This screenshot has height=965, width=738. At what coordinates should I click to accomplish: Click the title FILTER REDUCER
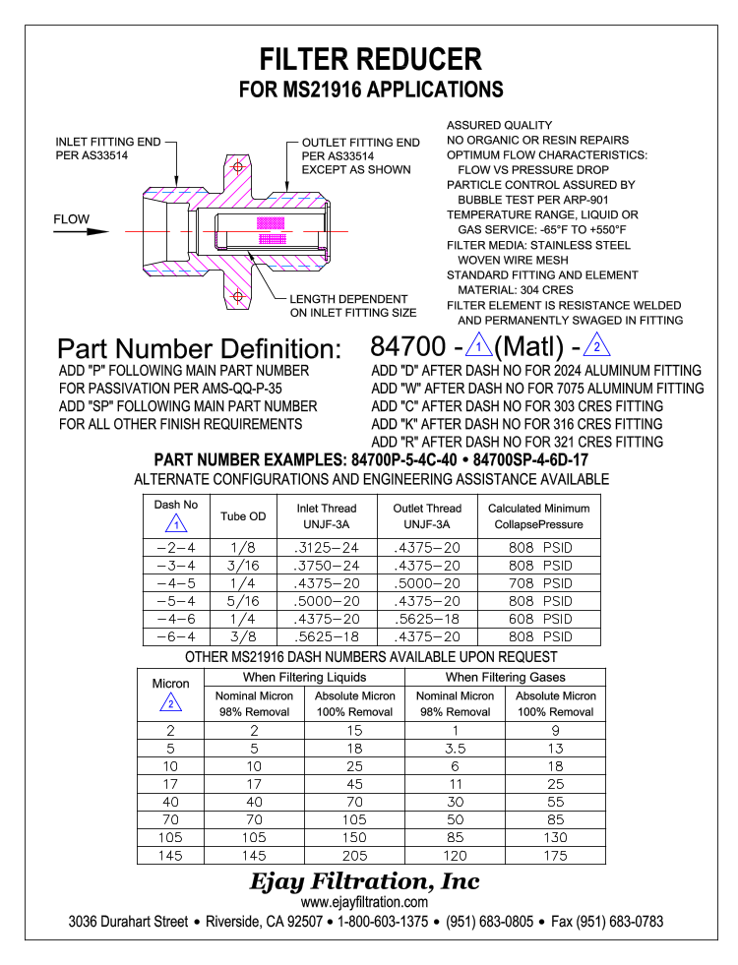coord(370,59)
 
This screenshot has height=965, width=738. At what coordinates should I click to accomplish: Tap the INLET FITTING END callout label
coord(107,149)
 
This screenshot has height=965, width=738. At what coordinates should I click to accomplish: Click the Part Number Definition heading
coord(199,349)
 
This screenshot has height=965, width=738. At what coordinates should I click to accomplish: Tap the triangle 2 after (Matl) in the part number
coord(597,346)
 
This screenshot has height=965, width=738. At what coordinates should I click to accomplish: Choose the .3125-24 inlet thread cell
coord(327,548)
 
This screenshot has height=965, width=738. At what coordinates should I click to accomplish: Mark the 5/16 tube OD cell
coord(243,601)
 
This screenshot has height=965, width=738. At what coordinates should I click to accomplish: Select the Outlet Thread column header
coord(427,515)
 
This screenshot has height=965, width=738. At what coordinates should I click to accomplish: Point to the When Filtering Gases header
coord(505,677)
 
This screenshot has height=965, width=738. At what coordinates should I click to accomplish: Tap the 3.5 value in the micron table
coord(455,749)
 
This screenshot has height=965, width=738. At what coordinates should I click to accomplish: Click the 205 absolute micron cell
coord(354,855)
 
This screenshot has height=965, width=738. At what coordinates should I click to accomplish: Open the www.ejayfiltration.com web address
coord(364,902)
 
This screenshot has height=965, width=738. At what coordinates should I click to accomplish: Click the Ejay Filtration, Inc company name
coord(364,880)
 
